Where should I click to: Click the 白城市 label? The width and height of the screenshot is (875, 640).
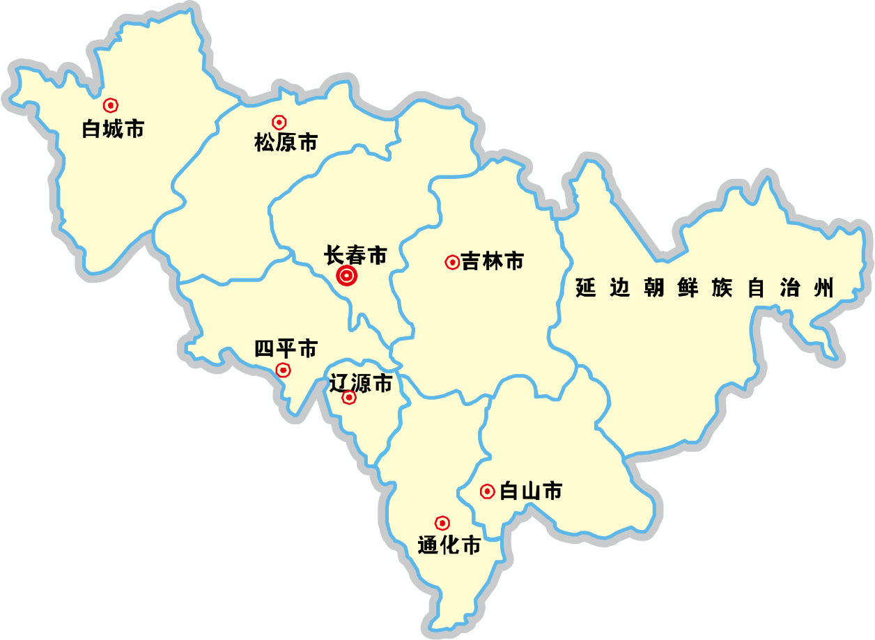113,129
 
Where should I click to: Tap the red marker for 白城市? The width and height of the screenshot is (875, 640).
110,105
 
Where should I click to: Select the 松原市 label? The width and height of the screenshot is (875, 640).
286,143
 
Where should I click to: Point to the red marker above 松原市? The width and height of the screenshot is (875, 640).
279,123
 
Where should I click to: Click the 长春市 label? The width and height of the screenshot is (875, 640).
355,256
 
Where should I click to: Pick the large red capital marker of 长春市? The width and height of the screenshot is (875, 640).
347,276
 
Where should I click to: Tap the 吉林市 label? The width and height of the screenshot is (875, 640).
493,262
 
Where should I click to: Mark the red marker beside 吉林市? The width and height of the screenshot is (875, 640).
452,263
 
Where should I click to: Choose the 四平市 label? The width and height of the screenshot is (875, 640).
286,348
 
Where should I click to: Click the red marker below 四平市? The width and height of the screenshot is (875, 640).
284,370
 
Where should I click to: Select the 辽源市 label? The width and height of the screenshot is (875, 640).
360,383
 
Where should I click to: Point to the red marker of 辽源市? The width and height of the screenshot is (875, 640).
349,398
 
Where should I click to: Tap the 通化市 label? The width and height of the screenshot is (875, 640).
449,545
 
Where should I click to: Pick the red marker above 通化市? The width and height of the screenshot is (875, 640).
442,523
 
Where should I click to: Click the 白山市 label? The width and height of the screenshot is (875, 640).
532,492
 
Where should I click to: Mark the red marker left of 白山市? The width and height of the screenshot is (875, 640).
488,492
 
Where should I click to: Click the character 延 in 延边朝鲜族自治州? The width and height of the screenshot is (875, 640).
586,288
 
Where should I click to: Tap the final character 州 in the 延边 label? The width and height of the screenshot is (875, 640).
823,288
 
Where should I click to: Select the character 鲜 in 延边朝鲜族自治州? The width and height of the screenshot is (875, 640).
688,288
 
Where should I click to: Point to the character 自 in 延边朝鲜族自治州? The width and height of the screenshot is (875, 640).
756,288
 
